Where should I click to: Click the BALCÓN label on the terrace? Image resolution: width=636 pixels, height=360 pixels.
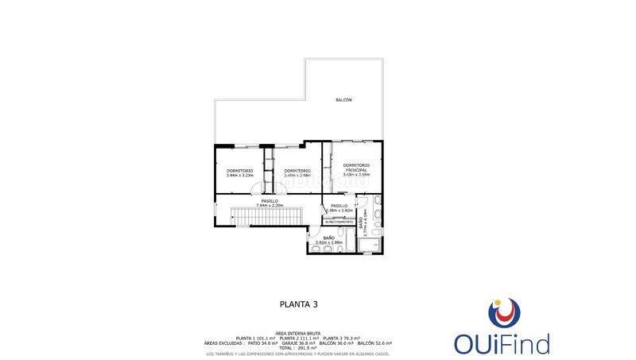click(x=343, y=100)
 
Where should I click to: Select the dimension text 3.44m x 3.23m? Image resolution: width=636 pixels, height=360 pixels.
click(x=239, y=176)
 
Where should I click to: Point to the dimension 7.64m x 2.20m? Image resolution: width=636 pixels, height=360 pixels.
click(x=270, y=205)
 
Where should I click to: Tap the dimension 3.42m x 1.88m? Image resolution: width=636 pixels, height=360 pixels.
click(x=328, y=242)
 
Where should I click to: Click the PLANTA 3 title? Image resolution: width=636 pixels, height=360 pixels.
click(x=299, y=304)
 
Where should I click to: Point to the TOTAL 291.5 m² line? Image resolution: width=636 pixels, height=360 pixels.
click(x=297, y=347)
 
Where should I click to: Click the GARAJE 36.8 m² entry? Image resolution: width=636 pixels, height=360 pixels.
click(x=299, y=343)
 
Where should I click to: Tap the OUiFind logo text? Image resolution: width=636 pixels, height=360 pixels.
click(x=502, y=344)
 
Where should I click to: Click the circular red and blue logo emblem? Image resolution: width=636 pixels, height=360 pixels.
click(x=503, y=313)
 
